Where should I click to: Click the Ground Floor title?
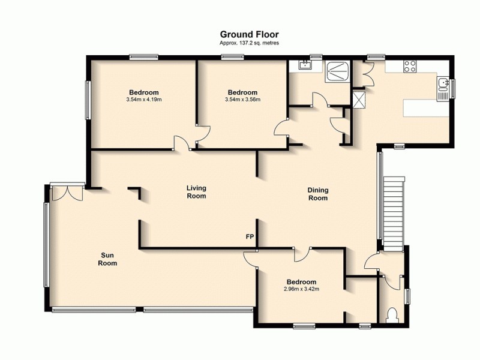[249, 35]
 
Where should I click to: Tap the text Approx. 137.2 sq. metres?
[249, 43]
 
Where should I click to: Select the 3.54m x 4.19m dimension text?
[145, 99]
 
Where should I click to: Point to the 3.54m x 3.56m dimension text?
[242, 99]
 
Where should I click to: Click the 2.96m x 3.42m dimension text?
[301, 289]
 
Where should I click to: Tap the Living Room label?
[196, 192]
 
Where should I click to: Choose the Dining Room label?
[318, 194]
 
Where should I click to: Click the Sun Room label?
[108, 259]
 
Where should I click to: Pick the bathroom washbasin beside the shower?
[305, 65]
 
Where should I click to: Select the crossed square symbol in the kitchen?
[361, 99]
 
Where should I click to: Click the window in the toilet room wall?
[407, 296]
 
